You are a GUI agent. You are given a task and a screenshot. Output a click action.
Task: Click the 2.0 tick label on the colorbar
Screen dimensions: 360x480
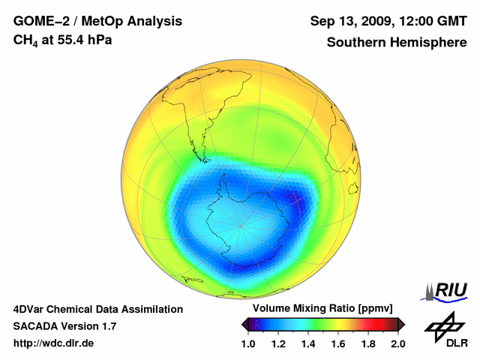click(397, 343)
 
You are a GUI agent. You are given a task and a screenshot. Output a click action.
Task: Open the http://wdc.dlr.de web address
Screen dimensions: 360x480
click(54, 343)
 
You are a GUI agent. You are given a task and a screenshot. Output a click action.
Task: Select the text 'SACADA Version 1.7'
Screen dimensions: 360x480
click(64, 326)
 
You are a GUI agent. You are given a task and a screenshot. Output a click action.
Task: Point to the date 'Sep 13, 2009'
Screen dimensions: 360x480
click(349, 21)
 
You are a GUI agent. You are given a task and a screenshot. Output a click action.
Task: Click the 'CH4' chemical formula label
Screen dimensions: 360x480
click(25, 40)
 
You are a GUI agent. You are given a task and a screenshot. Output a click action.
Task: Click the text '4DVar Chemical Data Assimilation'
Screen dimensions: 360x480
click(98, 309)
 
